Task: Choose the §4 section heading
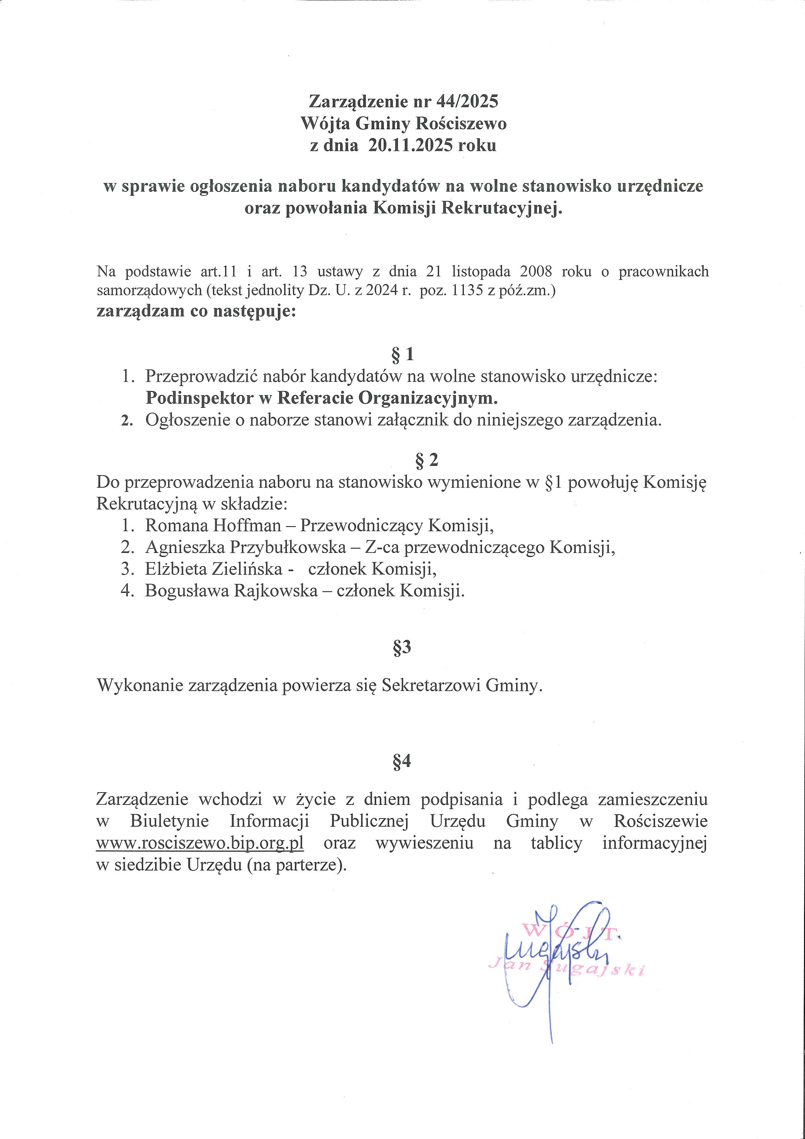[x=402, y=761]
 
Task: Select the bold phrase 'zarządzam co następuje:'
[x=196, y=312]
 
